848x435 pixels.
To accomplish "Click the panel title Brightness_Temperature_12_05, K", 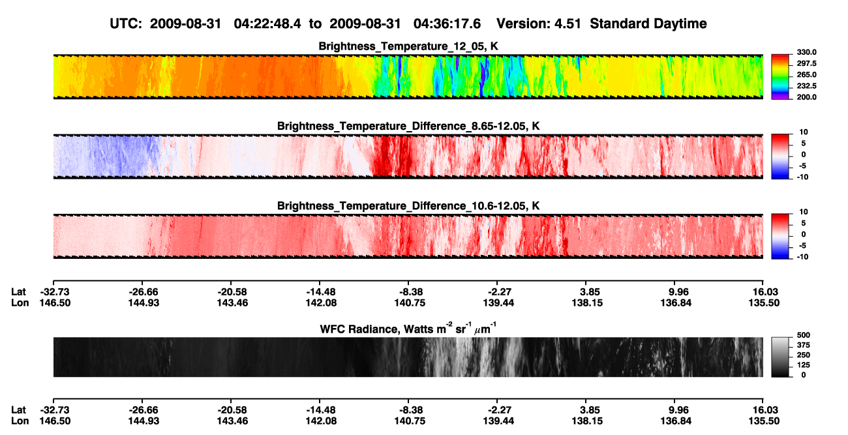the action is (408, 46).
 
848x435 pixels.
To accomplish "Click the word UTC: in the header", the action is (126, 23).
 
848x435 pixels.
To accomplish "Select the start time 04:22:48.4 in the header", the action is (267, 23).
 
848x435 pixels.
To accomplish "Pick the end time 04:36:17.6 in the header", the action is (447, 23).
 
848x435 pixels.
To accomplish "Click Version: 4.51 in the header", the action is (538, 23).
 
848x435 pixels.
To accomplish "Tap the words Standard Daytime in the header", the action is (648, 23).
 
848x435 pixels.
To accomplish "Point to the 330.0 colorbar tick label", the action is (806, 52).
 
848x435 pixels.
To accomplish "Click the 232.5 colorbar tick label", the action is (806, 86).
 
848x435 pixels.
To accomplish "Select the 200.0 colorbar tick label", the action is (806, 97).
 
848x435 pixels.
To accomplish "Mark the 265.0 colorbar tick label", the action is (806, 74).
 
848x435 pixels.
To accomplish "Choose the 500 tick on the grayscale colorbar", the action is (804, 335).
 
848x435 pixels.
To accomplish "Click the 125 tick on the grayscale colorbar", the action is (804, 365).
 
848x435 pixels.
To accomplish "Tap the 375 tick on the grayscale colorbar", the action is (804, 345).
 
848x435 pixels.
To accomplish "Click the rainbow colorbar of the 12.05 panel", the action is (780, 77).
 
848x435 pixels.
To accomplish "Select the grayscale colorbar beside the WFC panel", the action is (780, 357).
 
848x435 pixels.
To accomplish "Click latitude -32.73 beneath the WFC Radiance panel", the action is (55, 410).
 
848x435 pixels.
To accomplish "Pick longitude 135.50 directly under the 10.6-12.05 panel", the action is (764, 303).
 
